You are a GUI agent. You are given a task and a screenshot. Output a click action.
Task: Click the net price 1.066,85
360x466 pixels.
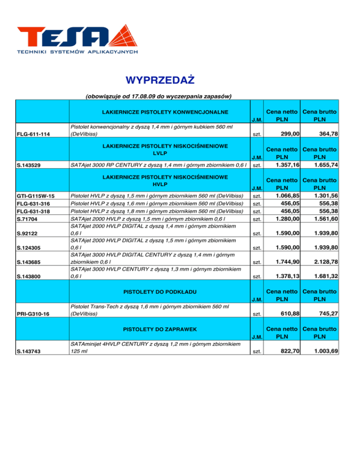[287, 195]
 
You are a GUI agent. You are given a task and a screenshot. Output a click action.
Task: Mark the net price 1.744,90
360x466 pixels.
[287, 262]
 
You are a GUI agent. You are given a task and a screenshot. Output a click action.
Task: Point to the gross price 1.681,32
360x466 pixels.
[327, 277]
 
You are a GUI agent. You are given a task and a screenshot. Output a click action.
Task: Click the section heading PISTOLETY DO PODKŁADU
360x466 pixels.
[160, 293]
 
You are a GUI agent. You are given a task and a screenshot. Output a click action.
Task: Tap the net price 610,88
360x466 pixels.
[290, 313]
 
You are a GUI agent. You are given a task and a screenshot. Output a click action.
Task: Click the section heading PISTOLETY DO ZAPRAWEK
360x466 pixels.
[160, 330]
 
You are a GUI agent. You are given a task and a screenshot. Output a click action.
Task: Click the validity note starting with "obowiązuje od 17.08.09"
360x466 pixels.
[159, 97]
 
